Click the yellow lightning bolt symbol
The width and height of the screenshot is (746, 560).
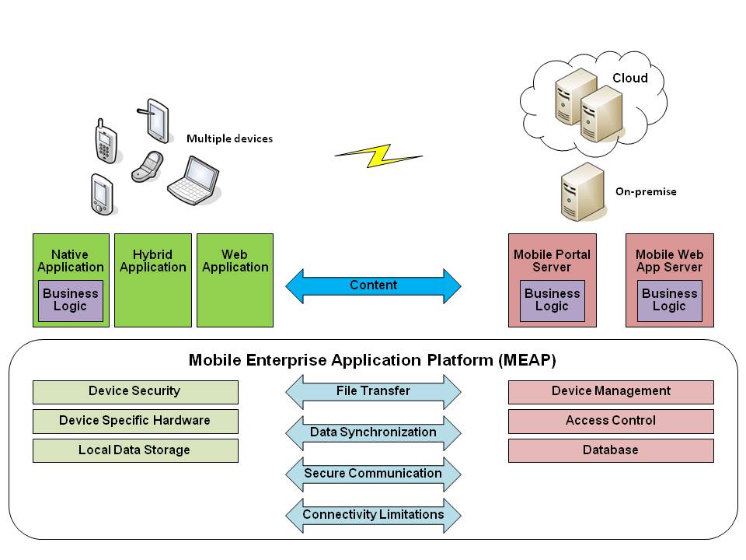coord(378,156)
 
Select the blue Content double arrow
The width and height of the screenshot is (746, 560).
coord(373,286)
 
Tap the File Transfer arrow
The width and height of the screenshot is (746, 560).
coord(373,391)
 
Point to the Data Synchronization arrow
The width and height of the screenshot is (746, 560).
coord(373,432)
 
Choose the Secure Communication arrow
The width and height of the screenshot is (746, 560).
coord(373,474)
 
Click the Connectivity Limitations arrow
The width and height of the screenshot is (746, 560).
coord(373,515)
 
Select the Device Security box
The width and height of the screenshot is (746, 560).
coord(135,391)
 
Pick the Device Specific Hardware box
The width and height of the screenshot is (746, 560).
coord(135,421)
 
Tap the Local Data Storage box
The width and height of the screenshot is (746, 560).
coord(135,450)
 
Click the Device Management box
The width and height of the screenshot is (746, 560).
coord(611,391)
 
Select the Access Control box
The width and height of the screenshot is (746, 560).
coord(611,421)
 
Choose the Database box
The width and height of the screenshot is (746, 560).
coord(611,450)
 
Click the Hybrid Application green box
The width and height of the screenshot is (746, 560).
coord(153,280)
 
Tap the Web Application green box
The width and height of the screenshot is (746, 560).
coord(235,280)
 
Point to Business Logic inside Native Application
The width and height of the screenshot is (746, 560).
coord(71,300)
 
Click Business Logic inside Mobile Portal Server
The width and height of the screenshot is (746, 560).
coord(552,300)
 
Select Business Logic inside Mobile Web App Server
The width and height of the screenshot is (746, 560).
coord(669,300)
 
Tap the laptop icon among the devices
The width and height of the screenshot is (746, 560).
coord(193,178)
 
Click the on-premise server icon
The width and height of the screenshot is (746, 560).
coord(582,191)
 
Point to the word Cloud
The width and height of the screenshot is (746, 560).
coord(629,78)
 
